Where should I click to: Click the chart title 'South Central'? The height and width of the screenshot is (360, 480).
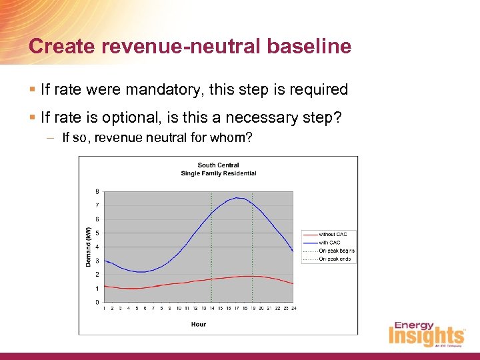tap(218, 165)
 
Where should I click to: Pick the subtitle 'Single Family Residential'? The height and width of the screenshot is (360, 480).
tap(218, 173)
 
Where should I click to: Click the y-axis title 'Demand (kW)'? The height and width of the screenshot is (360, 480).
tap(89, 247)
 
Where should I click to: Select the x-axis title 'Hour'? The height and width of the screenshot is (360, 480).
tap(198, 324)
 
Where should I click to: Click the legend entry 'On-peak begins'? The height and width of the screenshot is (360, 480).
tap(337, 251)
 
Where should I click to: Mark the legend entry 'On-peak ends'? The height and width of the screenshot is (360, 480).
tap(335, 259)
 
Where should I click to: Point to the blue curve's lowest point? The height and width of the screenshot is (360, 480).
tap(141, 272)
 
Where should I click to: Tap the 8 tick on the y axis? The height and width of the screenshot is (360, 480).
tap(97, 191)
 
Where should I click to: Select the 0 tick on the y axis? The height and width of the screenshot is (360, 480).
tap(97, 303)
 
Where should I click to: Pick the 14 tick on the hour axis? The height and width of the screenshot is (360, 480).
tap(211, 309)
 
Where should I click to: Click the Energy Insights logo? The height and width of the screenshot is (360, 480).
tap(427, 335)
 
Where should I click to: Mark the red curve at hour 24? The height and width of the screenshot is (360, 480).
tap(293, 284)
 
